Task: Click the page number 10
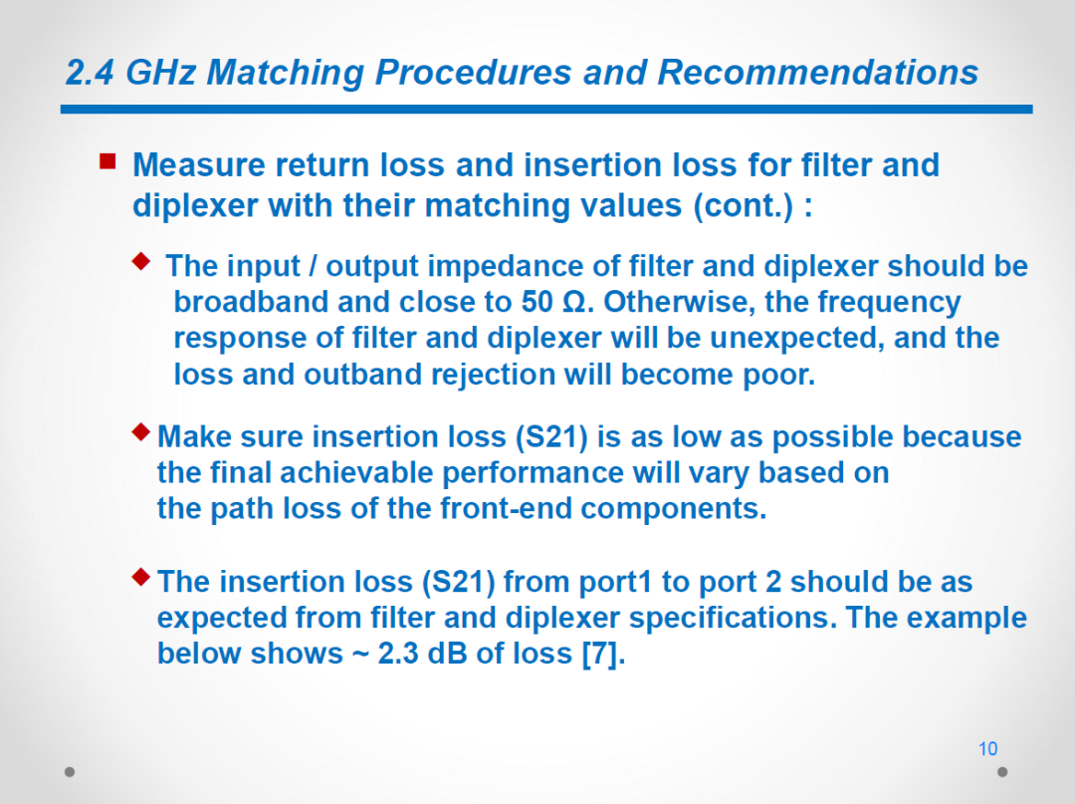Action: [987, 748]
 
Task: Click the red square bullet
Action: [107, 161]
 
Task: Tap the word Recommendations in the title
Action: [818, 72]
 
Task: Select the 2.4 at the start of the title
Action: [90, 73]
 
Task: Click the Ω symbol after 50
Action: [574, 303]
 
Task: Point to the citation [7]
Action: [603, 654]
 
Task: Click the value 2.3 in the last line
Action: [397, 654]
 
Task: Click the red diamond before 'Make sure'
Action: [141, 432]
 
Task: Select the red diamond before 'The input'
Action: [141, 261]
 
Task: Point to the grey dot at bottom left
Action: [70, 772]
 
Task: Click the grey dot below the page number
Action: [1002, 772]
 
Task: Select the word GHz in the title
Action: [160, 73]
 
